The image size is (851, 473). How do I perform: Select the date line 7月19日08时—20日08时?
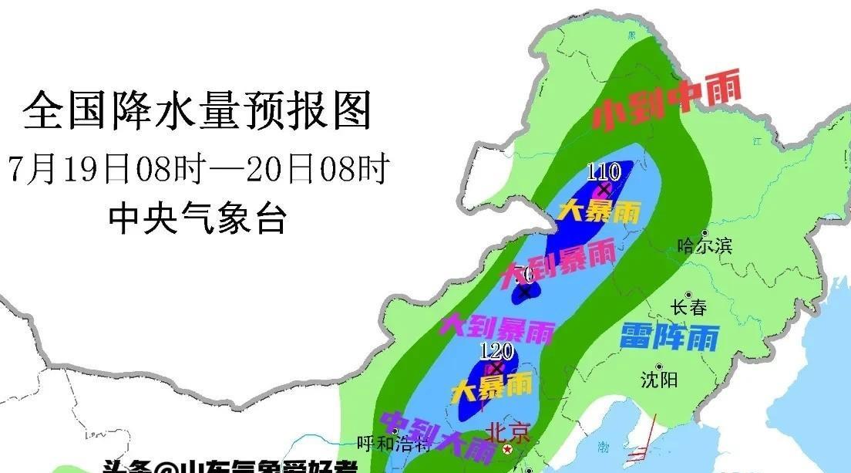pos(198,169)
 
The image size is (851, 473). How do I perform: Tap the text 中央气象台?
pos(198,218)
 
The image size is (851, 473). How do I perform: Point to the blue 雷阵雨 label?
pos(669,337)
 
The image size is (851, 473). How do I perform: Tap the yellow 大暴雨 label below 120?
pos(492,385)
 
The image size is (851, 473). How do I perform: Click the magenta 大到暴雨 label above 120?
pos(496,327)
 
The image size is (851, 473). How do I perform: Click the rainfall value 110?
pos(604,172)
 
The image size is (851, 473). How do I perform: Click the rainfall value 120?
pos(496,352)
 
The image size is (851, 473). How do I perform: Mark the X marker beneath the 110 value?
pos(604,189)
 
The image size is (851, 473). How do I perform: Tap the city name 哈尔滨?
pos(704,246)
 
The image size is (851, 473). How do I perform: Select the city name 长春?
pos(688,307)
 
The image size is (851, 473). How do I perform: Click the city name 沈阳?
pos(659,380)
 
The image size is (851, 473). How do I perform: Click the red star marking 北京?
pos(507,448)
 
